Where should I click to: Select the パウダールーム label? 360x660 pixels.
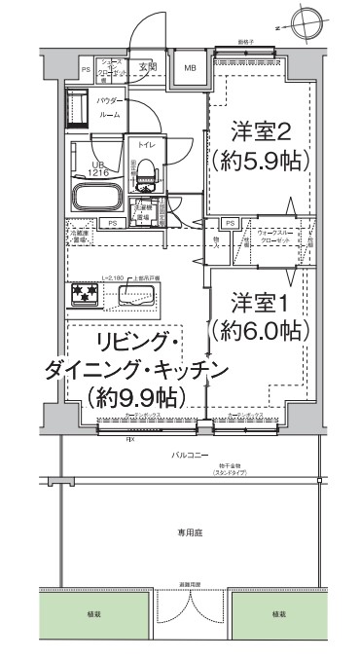pos(110,108)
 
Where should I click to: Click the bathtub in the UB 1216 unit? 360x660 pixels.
pos(94,199)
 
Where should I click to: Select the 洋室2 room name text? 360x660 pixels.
pos(256,129)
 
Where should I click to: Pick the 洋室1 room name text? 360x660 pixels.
pos(256,302)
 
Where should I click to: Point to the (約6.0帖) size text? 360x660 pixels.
pos(256,331)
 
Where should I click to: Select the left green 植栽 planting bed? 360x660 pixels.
pos(89,614)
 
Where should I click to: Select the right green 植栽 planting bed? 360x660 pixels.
pos(279,614)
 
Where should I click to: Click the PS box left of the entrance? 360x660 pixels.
pos(86,70)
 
